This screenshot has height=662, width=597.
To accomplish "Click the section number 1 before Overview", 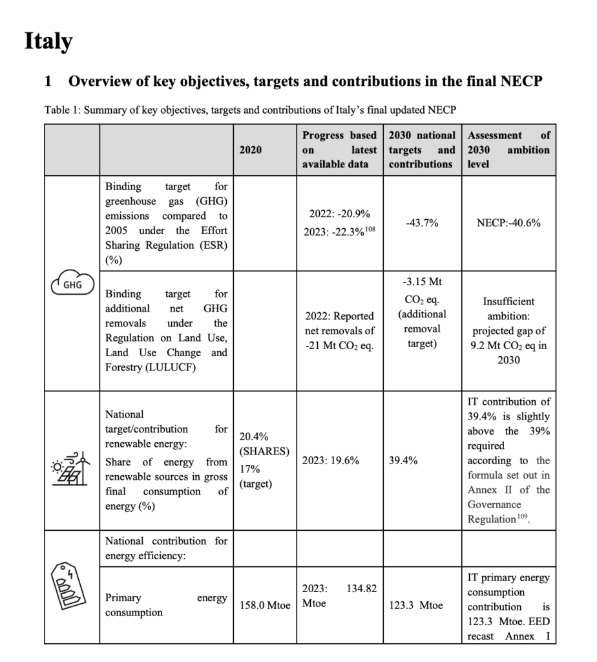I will pos(48,81).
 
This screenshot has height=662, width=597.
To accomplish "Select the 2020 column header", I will pos(251,149).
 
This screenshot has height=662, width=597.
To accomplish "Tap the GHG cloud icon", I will pos(72,283).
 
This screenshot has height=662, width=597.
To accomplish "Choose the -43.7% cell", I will pos(422,223).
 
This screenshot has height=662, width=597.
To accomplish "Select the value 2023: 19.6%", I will pos(331,461).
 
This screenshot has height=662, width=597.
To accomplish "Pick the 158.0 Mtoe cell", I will pos(265,606).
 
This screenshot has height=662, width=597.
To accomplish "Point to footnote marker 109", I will pos(522,516).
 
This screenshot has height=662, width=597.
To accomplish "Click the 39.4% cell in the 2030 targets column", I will pos(404,461).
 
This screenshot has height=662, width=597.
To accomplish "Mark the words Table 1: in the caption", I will pos(63,110).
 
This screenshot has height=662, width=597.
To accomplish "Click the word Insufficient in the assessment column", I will pos(508,301).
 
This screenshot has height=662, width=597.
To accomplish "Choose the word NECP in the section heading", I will pos(519,81).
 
